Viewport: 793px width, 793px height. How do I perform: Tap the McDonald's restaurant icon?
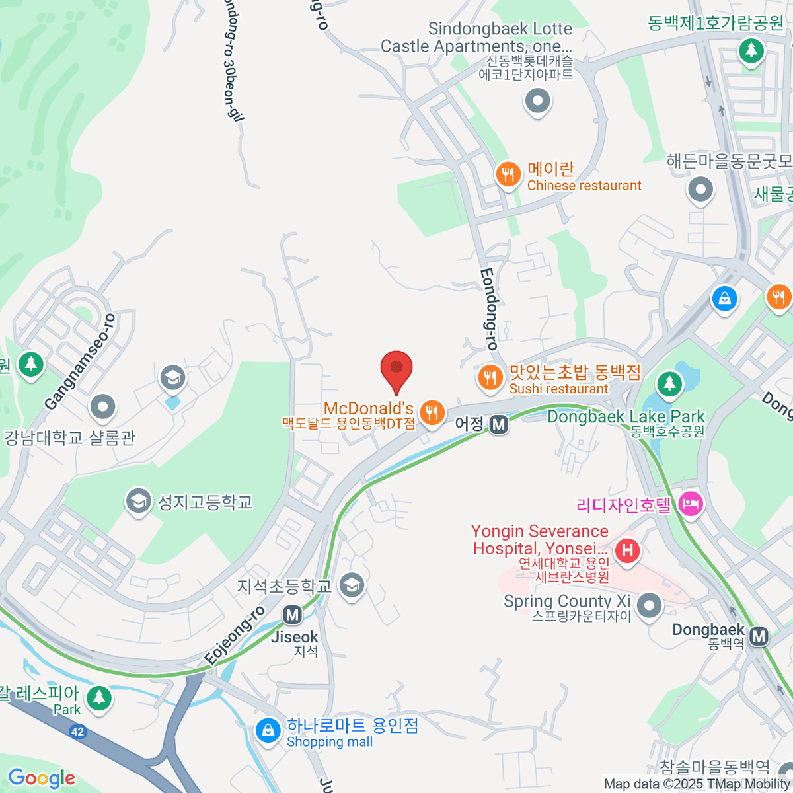click(x=432, y=413)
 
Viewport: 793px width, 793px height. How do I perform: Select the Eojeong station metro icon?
click(x=499, y=424)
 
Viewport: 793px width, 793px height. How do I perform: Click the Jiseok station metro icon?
click(x=292, y=615)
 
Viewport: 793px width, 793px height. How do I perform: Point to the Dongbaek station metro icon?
click(x=759, y=636)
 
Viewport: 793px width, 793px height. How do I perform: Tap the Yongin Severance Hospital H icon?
click(x=626, y=550)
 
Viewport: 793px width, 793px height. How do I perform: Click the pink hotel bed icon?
click(x=691, y=505)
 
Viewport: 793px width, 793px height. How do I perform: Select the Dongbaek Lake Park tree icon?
click(x=669, y=383)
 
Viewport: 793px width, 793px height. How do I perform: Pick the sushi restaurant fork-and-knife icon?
click(x=490, y=378)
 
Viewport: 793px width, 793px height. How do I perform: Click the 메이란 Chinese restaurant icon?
click(x=508, y=174)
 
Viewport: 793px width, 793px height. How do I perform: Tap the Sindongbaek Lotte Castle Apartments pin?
click(x=537, y=102)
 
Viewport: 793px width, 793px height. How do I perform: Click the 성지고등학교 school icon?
click(x=138, y=502)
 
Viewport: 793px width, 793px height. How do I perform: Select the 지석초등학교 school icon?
click(x=352, y=585)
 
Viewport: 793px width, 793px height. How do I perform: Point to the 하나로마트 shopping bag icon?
click(x=268, y=731)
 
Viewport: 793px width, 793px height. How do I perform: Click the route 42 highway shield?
click(x=78, y=731)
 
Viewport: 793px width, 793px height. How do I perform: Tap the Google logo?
click(x=41, y=778)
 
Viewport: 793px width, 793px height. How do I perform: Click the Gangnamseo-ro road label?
click(x=81, y=362)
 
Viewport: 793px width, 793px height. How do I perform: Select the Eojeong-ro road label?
click(x=235, y=636)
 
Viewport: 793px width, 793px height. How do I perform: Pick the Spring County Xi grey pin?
click(x=649, y=605)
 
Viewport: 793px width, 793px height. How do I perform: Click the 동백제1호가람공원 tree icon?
click(x=751, y=51)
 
